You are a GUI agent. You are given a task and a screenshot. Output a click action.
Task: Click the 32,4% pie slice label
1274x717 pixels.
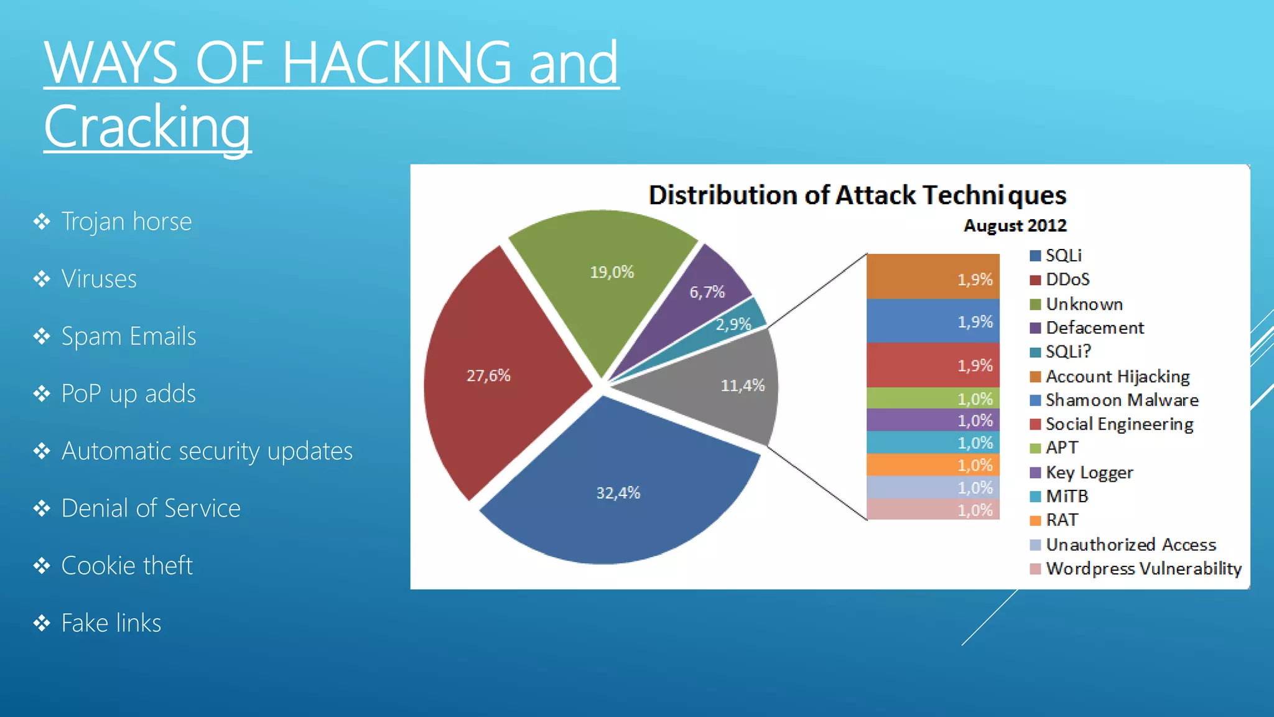pos(618,493)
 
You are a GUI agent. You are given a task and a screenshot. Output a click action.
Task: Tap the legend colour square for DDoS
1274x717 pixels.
pos(1035,280)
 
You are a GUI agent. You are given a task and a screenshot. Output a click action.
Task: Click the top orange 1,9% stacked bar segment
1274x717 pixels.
pos(932,276)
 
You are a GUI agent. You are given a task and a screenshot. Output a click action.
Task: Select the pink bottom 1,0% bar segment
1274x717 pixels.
pos(932,510)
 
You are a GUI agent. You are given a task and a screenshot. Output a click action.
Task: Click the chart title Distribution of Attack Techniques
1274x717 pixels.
pos(857,195)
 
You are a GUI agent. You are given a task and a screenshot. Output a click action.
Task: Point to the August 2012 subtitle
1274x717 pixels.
pos(1015,225)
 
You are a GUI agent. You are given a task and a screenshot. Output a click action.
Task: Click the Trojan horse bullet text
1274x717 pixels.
pos(126,222)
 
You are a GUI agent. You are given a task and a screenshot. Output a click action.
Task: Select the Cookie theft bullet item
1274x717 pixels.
pos(127,566)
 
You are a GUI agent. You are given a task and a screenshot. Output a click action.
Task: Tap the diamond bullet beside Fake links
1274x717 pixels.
pos(42,623)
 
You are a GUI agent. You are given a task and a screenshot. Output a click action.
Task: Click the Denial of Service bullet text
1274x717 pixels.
pos(151,508)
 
